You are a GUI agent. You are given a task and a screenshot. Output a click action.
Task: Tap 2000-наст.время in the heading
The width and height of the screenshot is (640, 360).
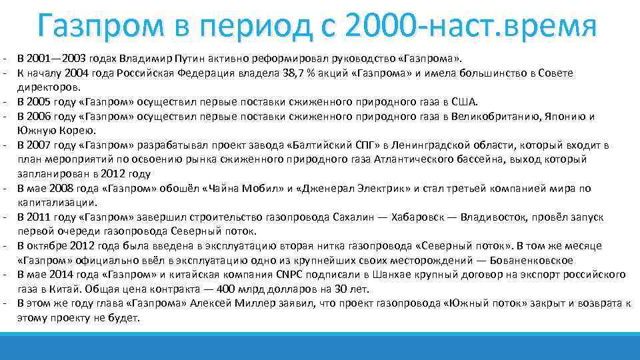pos(471,27)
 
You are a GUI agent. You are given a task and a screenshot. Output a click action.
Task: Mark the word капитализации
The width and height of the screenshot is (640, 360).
pos(58,202)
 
